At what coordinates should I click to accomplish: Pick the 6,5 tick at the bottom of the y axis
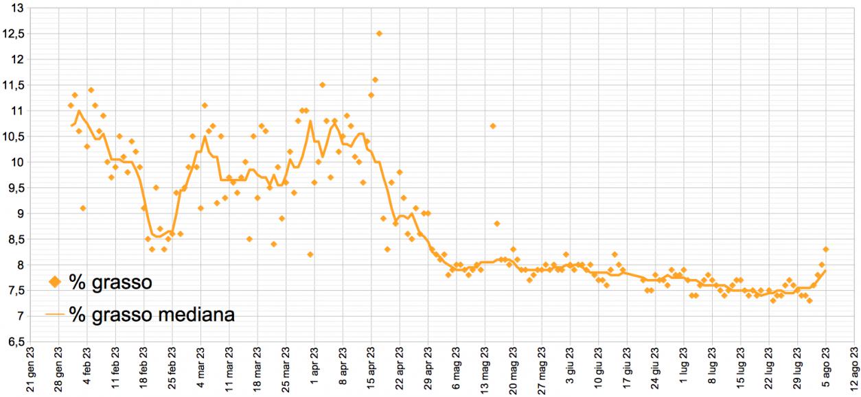pos(14,341)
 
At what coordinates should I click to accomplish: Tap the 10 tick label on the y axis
pos(17,163)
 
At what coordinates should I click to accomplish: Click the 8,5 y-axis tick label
pos(14,239)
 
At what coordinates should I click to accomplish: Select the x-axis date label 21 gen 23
pos(30,370)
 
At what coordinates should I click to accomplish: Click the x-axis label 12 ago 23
pos(855,370)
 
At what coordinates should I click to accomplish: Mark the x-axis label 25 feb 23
pos(172,370)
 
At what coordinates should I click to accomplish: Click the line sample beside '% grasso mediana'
pos(54,314)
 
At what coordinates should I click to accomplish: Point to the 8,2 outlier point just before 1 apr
pos(310,254)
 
